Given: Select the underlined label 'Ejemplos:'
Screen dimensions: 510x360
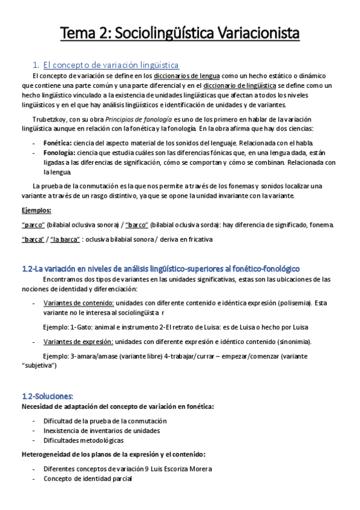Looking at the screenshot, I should (x=36, y=210).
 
